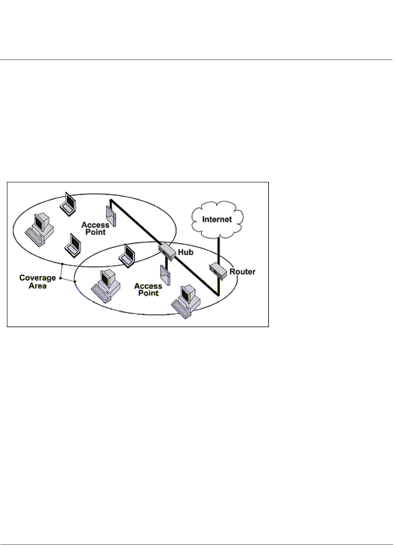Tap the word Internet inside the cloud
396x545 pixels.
217,219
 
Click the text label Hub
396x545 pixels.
185,252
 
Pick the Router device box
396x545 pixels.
218,271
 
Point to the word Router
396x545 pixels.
242,272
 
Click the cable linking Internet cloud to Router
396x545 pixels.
218,251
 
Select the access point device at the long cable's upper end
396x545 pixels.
110,216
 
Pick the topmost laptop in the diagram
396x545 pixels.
68,203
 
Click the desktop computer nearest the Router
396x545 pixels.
186,301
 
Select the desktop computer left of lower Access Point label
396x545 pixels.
106,285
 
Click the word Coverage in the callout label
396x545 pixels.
37,278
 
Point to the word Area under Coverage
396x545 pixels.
37,286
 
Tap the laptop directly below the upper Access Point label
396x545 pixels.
73,245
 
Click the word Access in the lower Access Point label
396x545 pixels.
148,286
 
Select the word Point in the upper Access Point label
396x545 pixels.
95,232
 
